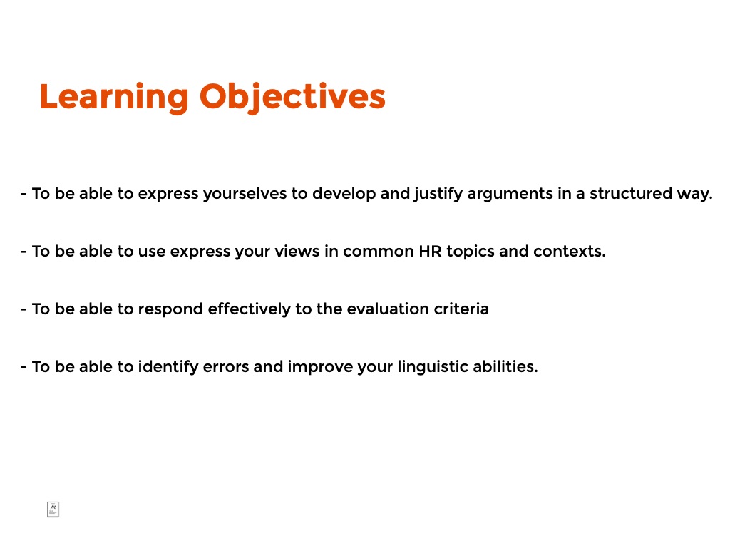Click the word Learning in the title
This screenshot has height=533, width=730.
(x=114, y=98)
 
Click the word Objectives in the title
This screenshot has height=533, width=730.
(x=292, y=98)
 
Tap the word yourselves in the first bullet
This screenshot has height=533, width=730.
(x=245, y=194)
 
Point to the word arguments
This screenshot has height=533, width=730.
(x=510, y=195)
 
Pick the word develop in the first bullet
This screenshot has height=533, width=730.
(x=344, y=194)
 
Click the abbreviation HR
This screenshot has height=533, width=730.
(x=430, y=252)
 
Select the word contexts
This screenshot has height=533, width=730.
(x=570, y=252)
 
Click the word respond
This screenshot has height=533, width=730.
(x=170, y=309)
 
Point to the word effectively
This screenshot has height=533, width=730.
(x=249, y=309)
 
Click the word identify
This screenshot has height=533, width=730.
(x=168, y=367)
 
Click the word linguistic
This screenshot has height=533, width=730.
(x=433, y=367)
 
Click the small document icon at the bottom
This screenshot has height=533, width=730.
(x=53, y=509)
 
